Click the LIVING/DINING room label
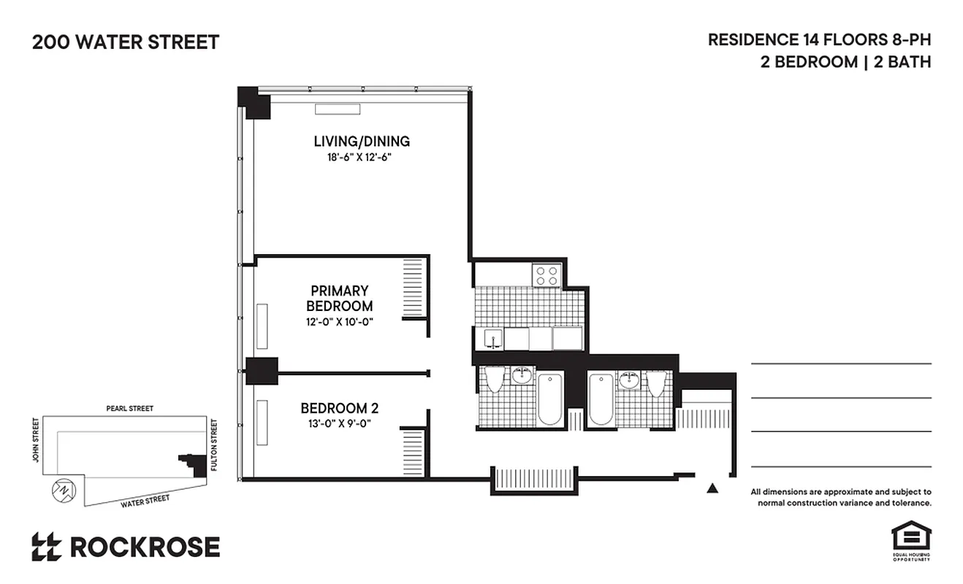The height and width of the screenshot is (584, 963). (362, 141)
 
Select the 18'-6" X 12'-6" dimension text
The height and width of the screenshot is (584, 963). (362, 157)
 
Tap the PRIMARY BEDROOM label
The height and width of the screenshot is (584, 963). (339, 298)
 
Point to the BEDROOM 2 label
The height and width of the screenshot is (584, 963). (339, 408)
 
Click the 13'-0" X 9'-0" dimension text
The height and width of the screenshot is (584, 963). (339, 423)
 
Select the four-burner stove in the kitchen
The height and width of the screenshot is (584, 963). (547, 275)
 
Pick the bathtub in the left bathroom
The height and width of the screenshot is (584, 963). (550, 399)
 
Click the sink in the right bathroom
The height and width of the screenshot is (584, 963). (628, 380)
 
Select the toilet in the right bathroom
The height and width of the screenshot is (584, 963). (656, 383)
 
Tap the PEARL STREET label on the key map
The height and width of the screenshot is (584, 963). (129, 409)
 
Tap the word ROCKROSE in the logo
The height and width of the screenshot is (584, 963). (145, 547)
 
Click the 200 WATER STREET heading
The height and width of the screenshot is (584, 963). (125, 42)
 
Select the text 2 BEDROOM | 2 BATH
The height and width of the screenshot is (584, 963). (845, 62)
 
